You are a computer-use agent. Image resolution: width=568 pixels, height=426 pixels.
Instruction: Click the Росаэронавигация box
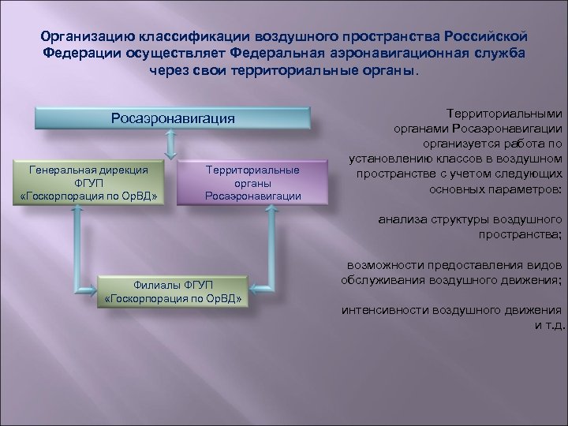click(x=173, y=118)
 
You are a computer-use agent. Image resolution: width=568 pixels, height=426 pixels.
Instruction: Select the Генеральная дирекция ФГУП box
click(x=94, y=182)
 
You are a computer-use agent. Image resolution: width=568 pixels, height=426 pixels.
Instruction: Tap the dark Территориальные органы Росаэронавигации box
click(x=252, y=182)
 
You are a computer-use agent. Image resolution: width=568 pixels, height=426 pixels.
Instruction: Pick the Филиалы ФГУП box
click(x=173, y=292)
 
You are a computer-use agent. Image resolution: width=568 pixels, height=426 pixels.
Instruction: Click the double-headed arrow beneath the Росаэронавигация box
click(x=171, y=144)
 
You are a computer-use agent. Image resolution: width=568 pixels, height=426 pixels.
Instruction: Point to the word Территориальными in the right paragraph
click(x=504, y=114)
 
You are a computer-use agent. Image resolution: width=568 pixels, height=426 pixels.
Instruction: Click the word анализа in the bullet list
click(x=401, y=219)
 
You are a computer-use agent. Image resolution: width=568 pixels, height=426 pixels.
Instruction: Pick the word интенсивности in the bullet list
click(x=382, y=310)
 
